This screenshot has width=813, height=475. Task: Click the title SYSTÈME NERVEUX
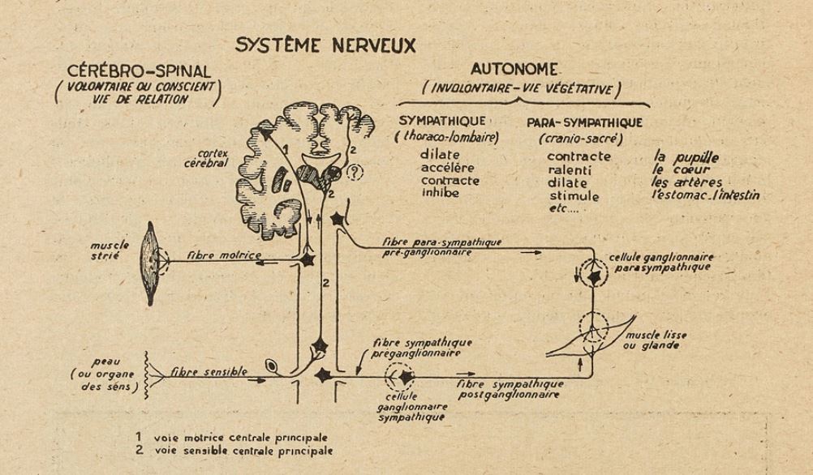coord(325,45)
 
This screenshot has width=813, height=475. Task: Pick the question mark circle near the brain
coord(354,173)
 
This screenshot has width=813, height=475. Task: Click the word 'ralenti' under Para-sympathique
coord(570,170)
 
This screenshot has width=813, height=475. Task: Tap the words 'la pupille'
coord(686,156)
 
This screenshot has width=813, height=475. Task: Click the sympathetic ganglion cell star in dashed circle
coord(403,377)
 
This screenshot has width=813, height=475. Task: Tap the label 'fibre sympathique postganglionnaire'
coord(510,388)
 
